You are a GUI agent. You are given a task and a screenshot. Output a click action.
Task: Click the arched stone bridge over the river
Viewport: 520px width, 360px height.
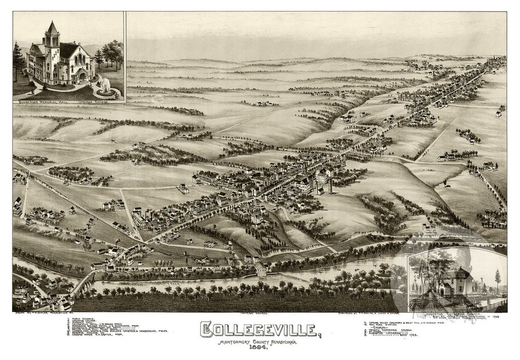coord(81,284)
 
